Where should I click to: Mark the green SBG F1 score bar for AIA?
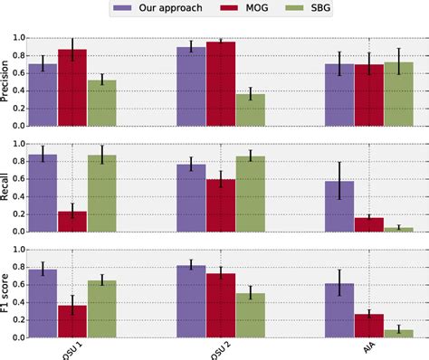point(398,333)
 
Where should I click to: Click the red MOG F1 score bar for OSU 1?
point(72,321)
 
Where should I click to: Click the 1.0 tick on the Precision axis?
point(20,38)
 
